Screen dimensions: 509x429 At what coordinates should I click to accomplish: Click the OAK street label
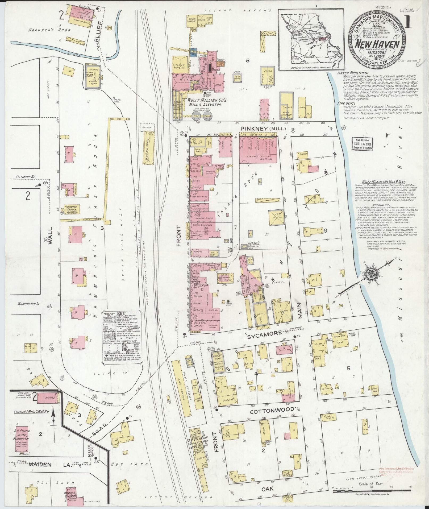tap(266, 488)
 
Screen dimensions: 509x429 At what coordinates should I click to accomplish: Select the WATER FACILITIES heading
tap(352, 72)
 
